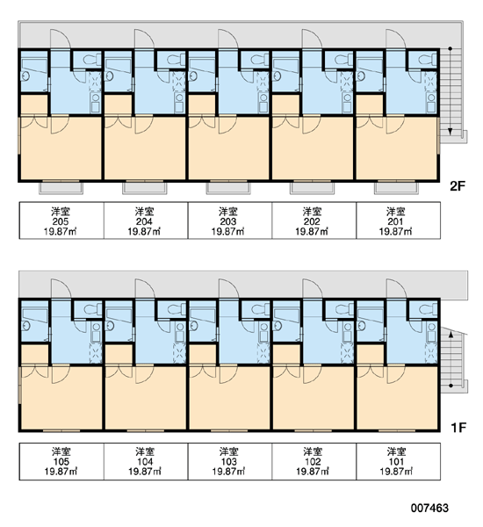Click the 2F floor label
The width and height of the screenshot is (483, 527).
pos(458,186)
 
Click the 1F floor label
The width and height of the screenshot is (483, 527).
pos(458,428)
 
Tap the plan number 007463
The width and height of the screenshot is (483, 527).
pos(429,508)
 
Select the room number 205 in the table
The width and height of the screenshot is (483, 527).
pos(61,221)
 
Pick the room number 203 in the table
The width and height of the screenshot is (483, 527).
pos(227,221)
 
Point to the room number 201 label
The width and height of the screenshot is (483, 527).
pos(396,221)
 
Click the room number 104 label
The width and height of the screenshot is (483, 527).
pos(145,462)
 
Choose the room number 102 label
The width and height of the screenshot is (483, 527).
pos(313,462)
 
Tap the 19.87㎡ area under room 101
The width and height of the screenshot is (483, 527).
pos(396,472)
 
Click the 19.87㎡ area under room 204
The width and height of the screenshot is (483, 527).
pos(144,232)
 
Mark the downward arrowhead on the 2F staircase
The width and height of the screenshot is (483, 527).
pos(451,132)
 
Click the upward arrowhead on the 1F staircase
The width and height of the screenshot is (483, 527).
pos(451,335)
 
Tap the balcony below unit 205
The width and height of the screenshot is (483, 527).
pos(61,188)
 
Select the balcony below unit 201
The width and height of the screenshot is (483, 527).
pos(396,188)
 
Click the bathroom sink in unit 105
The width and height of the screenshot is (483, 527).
pos(25,325)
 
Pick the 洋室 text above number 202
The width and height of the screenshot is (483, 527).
pos(313,212)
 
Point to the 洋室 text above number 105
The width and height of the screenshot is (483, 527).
pos(61,451)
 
